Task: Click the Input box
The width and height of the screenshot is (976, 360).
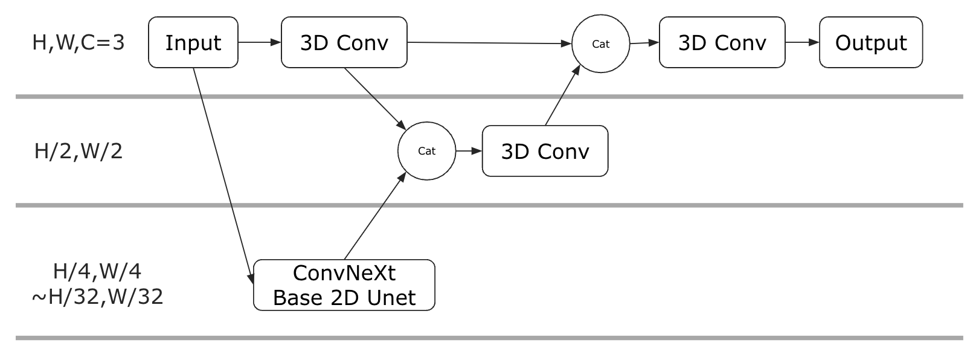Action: [193, 42]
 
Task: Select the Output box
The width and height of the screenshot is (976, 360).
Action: [870, 42]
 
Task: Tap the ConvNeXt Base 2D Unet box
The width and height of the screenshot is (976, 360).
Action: [344, 285]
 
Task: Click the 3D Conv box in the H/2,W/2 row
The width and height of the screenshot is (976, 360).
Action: [545, 151]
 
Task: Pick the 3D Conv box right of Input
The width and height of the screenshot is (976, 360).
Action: [344, 42]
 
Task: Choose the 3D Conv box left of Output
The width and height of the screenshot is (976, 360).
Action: [722, 42]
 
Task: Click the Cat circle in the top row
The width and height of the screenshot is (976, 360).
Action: [600, 43]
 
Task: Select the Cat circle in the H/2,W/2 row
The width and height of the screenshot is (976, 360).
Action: [426, 151]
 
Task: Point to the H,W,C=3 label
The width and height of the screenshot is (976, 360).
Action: [79, 43]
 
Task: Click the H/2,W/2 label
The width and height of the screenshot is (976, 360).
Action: [79, 151]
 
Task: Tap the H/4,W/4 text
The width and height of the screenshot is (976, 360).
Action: [97, 271]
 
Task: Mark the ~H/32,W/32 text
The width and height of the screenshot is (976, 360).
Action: [97, 297]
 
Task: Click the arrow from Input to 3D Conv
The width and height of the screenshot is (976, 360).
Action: [260, 42]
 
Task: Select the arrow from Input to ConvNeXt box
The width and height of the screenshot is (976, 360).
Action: [223, 176]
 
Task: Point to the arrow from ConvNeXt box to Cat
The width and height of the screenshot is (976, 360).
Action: [375, 215]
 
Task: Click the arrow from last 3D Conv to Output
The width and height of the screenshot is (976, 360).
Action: [802, 42]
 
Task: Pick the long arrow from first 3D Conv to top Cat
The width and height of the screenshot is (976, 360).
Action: [489, 43]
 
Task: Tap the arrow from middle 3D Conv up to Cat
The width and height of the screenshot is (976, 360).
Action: [562, 95]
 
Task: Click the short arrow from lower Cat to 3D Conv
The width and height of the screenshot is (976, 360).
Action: [469, 151]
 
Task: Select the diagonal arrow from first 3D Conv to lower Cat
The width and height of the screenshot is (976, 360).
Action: [375, 99]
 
